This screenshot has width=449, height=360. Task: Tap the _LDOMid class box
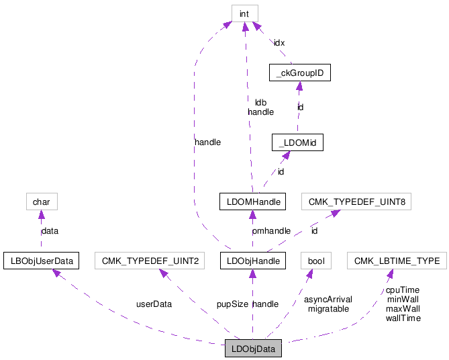pos(297,142)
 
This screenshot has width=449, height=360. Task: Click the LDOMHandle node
pos(252,201)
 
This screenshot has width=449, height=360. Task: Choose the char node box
pos(40,201)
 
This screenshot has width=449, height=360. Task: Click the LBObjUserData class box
pos(42,259)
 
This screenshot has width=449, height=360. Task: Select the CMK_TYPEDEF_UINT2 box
pos(151,259)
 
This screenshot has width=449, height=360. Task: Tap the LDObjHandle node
pos(253,259)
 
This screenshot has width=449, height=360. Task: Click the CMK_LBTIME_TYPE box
pos(397,259)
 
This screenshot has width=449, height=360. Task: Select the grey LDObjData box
pos(253,349)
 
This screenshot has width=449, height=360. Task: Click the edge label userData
pos(153,304)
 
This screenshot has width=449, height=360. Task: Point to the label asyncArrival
pos(328,300)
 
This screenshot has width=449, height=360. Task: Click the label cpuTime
pos(403,290)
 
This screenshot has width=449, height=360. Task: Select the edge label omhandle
pos(271,231)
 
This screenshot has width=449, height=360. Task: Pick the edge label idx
pos(279,42)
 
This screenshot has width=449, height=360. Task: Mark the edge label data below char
pos(50,230)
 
